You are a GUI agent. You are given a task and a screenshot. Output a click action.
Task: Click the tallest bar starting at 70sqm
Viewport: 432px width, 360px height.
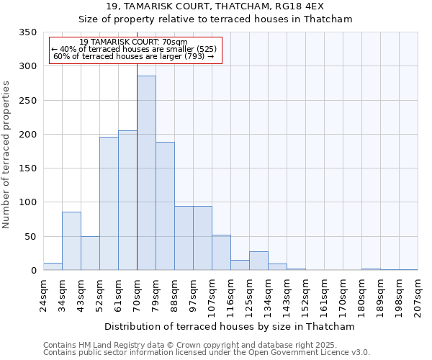[146, 173]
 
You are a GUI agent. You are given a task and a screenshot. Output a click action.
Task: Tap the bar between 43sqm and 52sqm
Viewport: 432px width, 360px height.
[90, 253]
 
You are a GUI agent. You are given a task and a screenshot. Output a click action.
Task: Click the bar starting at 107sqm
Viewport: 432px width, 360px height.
[221, 252]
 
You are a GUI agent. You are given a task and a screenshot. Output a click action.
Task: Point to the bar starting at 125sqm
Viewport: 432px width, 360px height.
[258, 261]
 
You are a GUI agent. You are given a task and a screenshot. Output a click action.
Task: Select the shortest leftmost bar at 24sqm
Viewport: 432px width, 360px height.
[53, 266]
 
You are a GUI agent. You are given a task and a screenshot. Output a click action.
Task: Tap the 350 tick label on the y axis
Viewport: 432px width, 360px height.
[27, 32]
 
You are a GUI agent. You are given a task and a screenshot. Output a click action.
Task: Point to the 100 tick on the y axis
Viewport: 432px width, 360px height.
[27, 202]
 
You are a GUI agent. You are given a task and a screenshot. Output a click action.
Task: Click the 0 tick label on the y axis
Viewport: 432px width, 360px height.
[33, 271]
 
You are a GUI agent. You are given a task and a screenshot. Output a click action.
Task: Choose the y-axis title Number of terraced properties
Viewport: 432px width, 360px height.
[6, 154]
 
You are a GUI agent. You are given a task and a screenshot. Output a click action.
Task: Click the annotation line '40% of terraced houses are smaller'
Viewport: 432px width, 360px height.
[134, 49]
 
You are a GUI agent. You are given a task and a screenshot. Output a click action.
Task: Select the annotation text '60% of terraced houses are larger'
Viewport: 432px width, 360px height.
[134, 56]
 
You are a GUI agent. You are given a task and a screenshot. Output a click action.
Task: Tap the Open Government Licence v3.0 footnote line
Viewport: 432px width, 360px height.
[207, 353]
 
